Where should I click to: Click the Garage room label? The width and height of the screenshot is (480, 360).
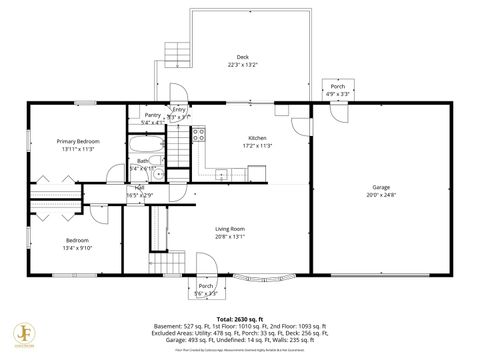pyautogui.click(x=381, y=187)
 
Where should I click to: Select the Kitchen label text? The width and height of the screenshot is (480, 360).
pyautogui.click(x=257, y=139)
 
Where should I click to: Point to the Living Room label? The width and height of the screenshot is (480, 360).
pyautogui.click(x=230, y=229)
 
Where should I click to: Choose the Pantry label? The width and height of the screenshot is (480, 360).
pyautogui.click(x=152, y=115)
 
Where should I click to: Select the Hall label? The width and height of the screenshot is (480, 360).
pyautogui.click(x=140, y=187)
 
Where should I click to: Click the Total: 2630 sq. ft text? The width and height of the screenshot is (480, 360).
pyautogui.click(x=240, y=316)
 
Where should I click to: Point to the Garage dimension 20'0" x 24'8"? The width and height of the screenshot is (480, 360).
pyautogui.click(x=381, y=195)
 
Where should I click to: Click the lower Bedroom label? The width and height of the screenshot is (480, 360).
pyautogui.click(x=77, y=240)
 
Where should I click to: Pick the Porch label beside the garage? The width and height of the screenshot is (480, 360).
pyautogui.click(x=338, y=86)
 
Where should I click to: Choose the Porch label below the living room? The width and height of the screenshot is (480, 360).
pyautogui.click(x=205, y=285)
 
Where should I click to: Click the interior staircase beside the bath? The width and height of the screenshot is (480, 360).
pyautogui.click(x=177, y=150)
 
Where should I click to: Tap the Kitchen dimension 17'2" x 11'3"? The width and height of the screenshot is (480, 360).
pyautogui.click(x=257, y=146)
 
